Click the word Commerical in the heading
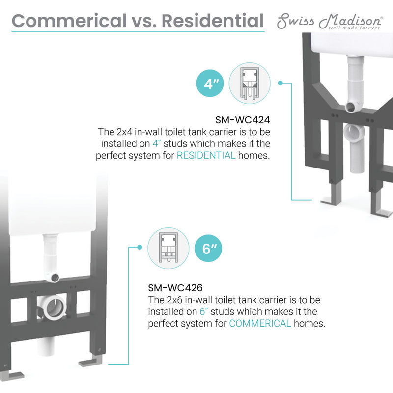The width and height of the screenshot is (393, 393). point(69,21)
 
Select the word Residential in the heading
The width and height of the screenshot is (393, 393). point(212,21)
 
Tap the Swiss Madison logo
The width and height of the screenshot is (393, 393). point(330,21)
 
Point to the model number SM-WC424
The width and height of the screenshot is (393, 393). point(242,120)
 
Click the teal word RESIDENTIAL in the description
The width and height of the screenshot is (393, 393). point(206,156)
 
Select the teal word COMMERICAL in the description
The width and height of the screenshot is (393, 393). point(260,324)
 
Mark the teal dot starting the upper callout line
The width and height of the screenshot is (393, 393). point(280,83)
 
